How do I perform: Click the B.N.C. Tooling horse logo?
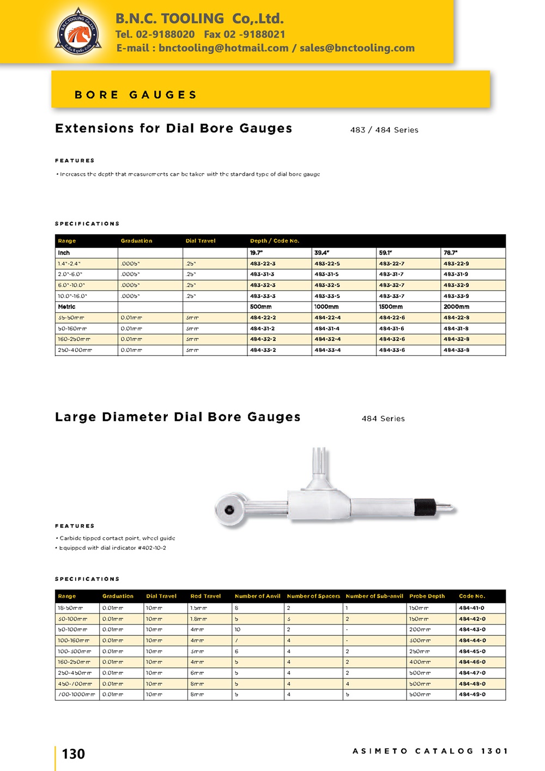(78, 32)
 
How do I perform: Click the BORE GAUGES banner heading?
(136, 95)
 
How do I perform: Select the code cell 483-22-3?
(263, 264)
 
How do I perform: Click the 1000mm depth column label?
(326, 307)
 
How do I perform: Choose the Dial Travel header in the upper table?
(201, 241)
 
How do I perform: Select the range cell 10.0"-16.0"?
(72, 296)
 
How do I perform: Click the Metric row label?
(66, 307)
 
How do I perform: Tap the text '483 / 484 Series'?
(384, 130)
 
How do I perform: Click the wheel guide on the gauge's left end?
(228, 509)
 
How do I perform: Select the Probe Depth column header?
(427, 596)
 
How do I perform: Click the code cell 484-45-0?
(472, 652)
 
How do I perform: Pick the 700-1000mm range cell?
(76, 695)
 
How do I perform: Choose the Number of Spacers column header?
(313, 596)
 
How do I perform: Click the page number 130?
(74, 754)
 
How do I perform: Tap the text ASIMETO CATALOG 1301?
(430, 751)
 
